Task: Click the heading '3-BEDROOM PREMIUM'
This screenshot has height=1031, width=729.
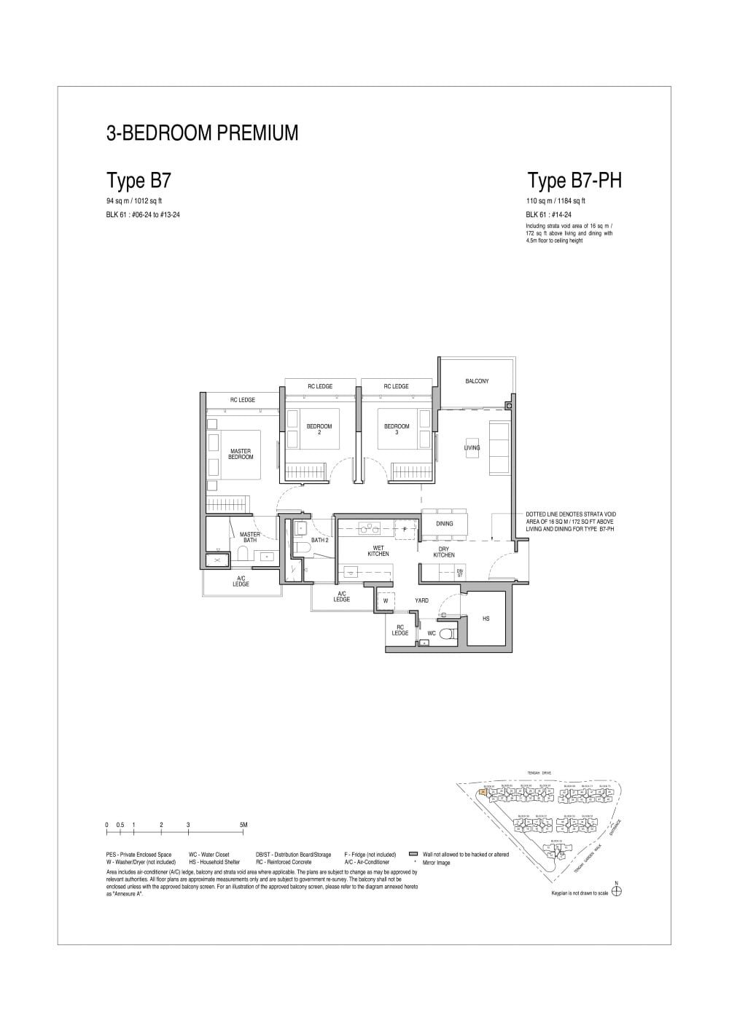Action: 202,133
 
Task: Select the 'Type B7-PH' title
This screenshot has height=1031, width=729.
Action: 574,180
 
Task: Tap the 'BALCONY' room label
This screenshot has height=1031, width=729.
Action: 477,381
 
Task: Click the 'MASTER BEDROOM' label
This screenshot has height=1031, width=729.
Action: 241,454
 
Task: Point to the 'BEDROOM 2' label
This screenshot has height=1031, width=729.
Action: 319,429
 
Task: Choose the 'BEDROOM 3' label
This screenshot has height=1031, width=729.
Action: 397,429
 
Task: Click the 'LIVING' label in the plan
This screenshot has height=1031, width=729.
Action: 472,447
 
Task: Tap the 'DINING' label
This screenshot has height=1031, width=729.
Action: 444,523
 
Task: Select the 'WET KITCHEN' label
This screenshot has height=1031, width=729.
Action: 378,551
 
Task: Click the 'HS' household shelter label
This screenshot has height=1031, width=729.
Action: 486,619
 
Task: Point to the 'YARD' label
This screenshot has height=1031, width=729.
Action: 421,600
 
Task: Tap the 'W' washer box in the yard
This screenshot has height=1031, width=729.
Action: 386,601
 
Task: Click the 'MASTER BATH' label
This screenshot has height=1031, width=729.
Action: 249,537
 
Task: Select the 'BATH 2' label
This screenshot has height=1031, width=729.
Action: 319,540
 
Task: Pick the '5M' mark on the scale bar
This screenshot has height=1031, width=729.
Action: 243,825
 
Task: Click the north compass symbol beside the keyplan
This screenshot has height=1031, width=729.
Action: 617,891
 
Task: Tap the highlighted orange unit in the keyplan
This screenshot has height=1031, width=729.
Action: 483,791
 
